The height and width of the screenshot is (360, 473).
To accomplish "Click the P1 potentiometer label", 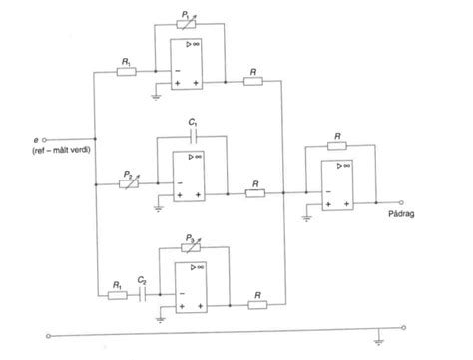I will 186,14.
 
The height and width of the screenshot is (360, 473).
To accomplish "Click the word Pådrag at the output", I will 398,211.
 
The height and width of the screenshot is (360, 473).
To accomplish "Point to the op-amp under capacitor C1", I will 192,173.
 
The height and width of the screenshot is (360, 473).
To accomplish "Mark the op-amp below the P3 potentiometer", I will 192,284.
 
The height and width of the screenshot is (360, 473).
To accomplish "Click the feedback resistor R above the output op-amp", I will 340,145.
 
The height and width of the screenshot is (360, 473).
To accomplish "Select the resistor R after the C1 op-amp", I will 257,194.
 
